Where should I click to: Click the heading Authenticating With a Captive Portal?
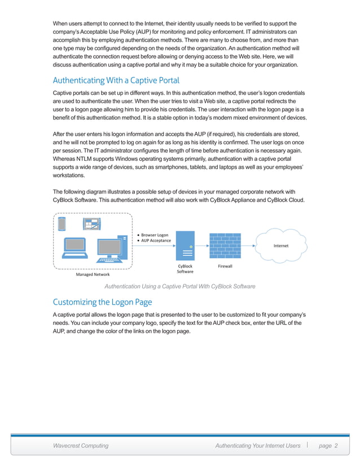click(116, 80)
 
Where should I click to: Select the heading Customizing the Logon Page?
click(102, 301)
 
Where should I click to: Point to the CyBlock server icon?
click(185, 246)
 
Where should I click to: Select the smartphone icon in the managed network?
click(63, 224)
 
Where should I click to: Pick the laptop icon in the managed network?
click(73, 250)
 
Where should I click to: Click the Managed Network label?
click(93, 275)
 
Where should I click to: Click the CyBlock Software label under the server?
click(185, 269)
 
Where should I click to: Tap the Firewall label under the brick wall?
click(225, 266)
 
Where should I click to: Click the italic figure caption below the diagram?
click(180, 286)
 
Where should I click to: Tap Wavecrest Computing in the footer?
click(81, 446)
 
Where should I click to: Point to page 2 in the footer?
click(328, 446)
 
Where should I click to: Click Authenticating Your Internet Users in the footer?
click(258, 446)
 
